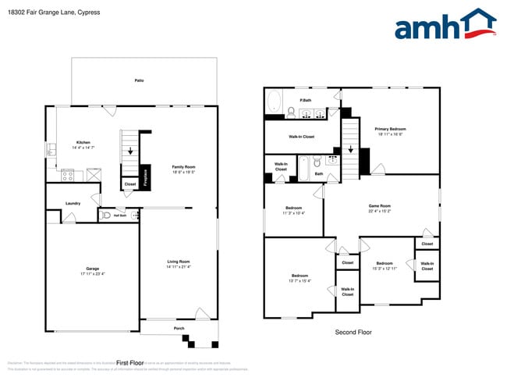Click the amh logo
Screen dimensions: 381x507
(x=445, y=25)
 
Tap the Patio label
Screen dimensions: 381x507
(x=139, y=80)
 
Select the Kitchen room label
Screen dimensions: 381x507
(x=83, y=142)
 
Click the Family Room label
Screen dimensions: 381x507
(x=183, y=166)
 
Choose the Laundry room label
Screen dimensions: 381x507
(x=73, y=204)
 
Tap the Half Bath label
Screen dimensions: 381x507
(x=120, y=215)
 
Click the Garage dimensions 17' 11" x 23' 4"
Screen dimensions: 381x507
(x=92, y=274)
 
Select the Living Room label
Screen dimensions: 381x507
(x=179, y=262)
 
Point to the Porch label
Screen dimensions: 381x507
(x=179, y=329)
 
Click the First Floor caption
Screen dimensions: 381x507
(x=130, y=363)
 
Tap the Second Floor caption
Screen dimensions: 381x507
(x=353, y=332)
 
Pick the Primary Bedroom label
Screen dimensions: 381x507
(x=390, y=129)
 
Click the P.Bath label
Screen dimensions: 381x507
(x=307, y=100)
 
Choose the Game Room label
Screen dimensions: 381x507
(x=380, y=206)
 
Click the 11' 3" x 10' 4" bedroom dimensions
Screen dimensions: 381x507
(x=294, y=212)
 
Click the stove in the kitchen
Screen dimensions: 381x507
(x=68, y=175)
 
